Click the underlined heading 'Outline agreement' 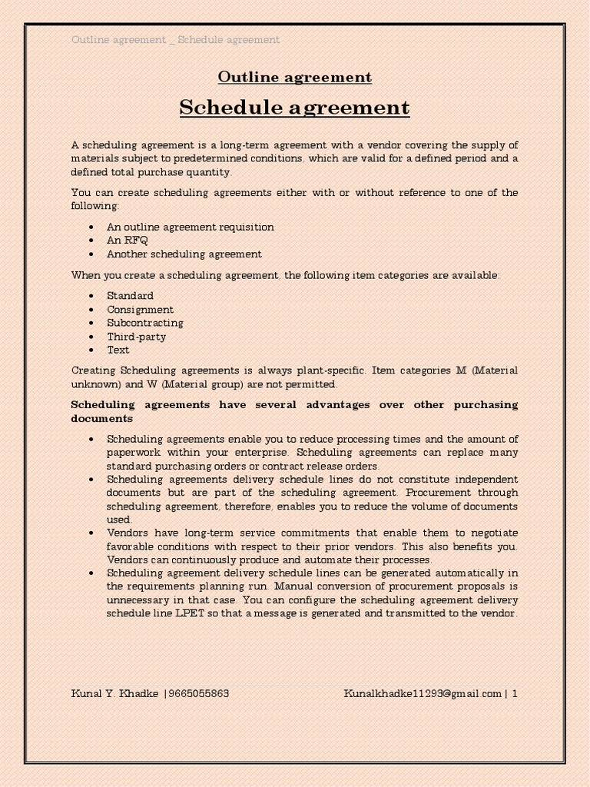coord(294,78)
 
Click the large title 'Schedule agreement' coord(294,108)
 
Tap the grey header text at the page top coord(175,39)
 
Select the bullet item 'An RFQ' coord(128,241)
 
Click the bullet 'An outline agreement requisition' coord(190,227)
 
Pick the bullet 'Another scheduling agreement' coord(184,254)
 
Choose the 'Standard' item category coord(130,296)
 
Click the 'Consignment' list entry coord(140,310)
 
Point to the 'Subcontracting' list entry coord(144,323)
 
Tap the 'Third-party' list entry coord(136,337)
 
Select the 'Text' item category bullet coord(118,350)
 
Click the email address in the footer coord(422,694)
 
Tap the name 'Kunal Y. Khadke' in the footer coord(114,694)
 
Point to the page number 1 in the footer coord(514,694)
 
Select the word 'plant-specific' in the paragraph coord(333,370)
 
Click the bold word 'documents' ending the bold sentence coord(101,419)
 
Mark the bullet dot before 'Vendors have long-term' coord(91,533)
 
